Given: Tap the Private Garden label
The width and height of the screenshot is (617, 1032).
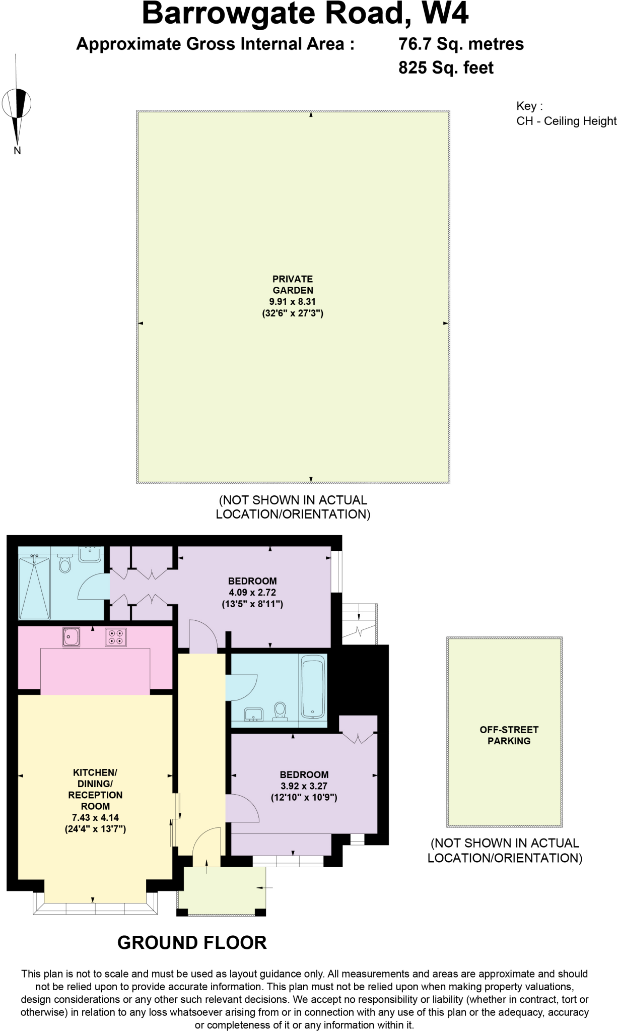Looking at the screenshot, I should (292, 285).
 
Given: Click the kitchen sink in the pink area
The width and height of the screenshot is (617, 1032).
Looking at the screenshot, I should (71, 637).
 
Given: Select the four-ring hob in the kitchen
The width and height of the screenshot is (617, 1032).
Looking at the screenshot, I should (115, 637).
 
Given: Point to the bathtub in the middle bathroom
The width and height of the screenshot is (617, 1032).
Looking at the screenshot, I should (312, 686).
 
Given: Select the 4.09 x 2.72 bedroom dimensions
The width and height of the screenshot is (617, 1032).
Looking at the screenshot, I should (252, 593).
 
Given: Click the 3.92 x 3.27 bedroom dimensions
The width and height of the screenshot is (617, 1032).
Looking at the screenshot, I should (304, 786).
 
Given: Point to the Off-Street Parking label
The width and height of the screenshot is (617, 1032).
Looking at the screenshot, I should (509, 735).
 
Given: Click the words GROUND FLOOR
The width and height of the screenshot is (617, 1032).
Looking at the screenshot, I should (192, 943).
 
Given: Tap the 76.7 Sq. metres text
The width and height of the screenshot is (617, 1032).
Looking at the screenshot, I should (461, 44).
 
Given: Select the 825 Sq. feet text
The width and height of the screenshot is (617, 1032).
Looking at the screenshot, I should (446, 68).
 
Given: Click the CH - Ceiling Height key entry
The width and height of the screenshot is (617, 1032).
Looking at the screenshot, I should (566, 121).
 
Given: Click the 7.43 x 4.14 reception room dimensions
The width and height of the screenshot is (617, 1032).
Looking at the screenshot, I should (95, 818).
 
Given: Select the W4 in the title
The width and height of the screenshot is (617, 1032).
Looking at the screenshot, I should (445, 14).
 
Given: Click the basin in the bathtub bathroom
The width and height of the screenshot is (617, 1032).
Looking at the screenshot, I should (253, 714).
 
